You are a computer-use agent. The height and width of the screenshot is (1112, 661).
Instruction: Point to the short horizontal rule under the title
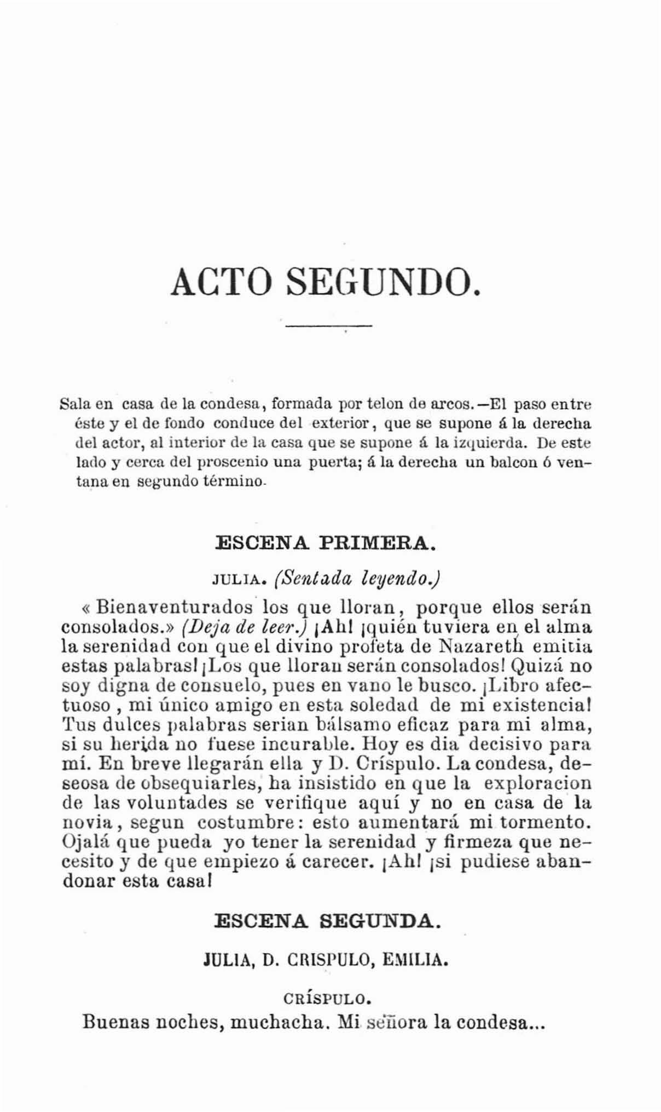click(x=328, y=327)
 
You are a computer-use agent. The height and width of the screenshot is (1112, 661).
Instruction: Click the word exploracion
click(x=538, y=784)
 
